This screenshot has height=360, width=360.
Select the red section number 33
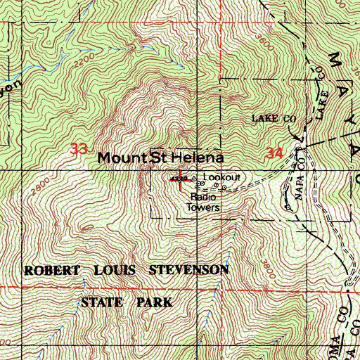pos(79,149)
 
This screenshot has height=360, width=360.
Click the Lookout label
pos(221,178)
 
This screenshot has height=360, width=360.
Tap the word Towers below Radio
pos(205,208)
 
